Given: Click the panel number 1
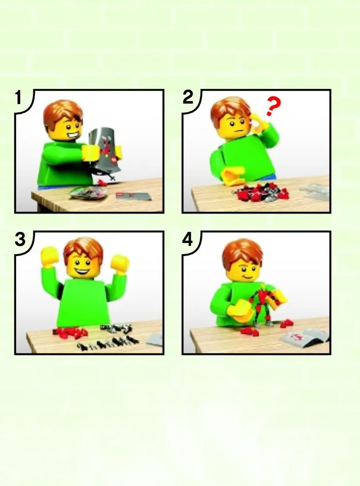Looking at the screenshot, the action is tap(18, 97).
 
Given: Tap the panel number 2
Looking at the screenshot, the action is tap(188, 97).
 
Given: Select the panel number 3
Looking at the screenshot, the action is tap(20, 239).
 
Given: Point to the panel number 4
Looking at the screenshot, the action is tap(187, 239).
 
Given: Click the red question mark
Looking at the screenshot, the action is tap(273, 106).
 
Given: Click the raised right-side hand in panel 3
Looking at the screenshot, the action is tap(120, 263).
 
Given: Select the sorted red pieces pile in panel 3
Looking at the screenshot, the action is tap(71, 332).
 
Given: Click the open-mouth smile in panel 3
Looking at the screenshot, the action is tap(81, 273).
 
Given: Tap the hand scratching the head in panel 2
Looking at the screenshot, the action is tap(258, 122).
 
